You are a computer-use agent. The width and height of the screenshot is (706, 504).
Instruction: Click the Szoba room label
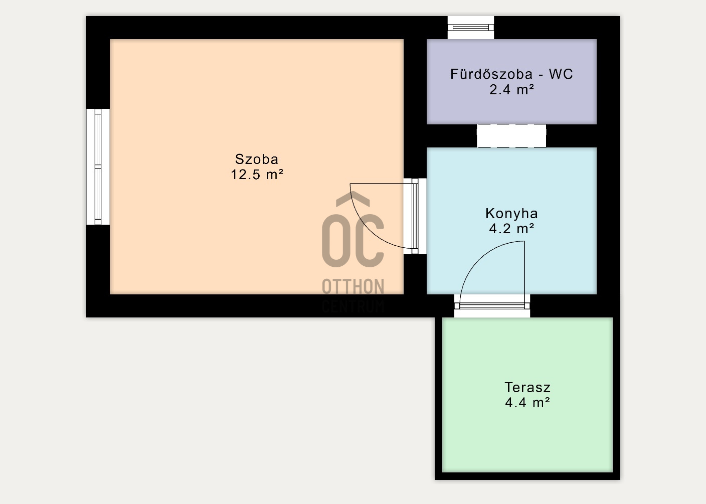(256, 159)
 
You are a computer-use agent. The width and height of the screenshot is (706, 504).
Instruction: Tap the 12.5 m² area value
(257, 175)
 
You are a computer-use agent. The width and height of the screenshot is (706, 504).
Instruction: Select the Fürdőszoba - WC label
(511, 74)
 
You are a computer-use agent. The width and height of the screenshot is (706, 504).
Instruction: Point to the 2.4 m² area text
(511, 90)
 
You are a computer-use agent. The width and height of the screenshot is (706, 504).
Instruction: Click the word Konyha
(511, 213)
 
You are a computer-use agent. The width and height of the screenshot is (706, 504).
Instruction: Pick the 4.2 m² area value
(511, 229)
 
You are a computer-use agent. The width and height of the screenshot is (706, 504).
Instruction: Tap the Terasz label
(527, 387)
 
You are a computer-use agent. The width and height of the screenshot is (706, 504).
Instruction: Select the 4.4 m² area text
(527, 403)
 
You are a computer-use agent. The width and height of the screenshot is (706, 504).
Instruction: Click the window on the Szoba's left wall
(98, 166)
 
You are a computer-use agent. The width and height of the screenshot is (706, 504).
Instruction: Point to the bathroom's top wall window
(470, 27)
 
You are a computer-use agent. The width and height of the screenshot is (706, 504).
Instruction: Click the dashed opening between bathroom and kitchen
(511, 136)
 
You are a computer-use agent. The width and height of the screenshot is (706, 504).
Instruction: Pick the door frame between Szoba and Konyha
(415, 216)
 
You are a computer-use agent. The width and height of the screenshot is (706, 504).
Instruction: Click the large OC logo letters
(353, 240)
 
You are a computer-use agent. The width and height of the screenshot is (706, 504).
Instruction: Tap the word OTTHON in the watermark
(353, 287)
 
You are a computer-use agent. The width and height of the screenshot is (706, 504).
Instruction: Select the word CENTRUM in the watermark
(353, 306)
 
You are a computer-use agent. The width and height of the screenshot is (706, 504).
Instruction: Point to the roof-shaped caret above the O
(352, 199)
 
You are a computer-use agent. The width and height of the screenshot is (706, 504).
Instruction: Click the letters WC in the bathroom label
(561, 74)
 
